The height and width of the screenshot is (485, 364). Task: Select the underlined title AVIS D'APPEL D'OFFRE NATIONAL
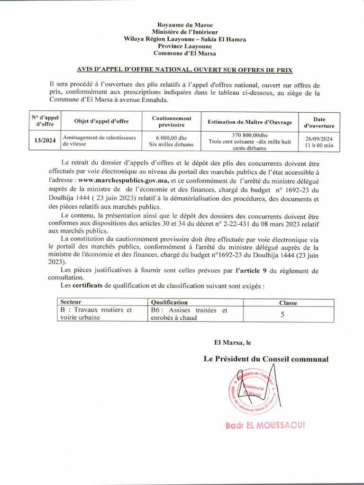pyautogui.click(x=185, y=70)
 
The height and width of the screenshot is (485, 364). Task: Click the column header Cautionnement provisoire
pyautogui.click(x=172, y=122)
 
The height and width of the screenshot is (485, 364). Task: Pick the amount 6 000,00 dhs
pyautogui.click(x=172, y=138)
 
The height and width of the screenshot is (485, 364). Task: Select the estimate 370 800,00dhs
pyautogui.click(x=250, y=135)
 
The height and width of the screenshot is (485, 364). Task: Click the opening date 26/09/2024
pyautogui.click(x=319, y=138)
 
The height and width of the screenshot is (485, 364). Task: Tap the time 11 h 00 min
pyautogui.click(x=319, y=145)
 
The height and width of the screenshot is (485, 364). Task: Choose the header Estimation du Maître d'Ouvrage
pyautogui.click(x=250, y=122)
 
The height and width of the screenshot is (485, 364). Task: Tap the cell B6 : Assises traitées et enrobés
pyautogui.click(x=189, y=314)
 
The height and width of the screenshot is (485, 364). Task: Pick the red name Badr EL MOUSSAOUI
pyautogui.click(x=265, y=425)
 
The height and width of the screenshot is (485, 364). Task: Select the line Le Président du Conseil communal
pyautogui.click(x=266, y=359)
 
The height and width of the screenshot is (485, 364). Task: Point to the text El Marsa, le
pyautogui.click(x=233, y=342)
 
